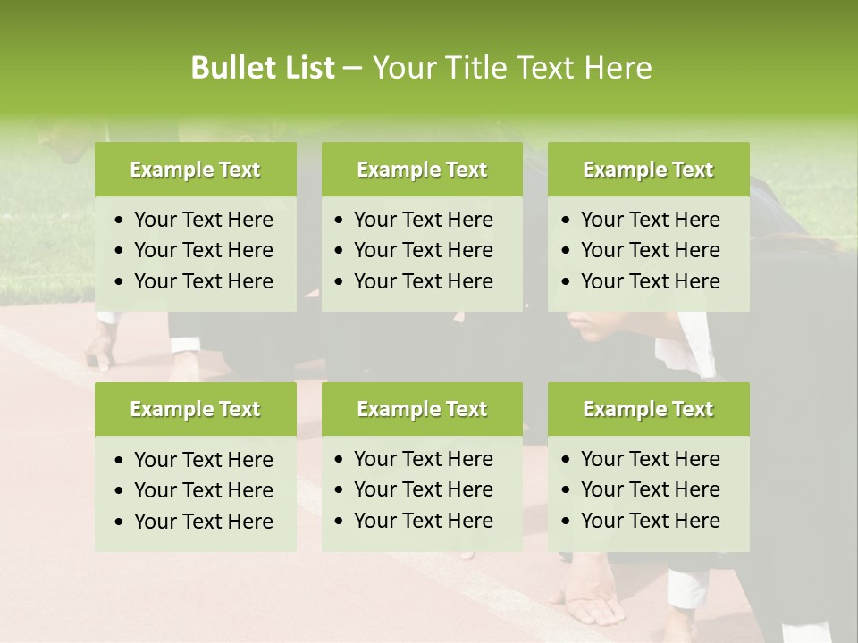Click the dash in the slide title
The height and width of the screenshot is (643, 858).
tap(352, 69)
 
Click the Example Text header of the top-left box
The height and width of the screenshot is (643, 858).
tap(195, 170)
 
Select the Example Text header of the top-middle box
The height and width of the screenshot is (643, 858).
tap(422, 170)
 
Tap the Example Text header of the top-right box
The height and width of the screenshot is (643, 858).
tap(648, 170)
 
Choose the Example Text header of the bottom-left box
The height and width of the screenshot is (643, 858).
tap(195, 409)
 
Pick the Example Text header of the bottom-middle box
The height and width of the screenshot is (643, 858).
tap(422, 409)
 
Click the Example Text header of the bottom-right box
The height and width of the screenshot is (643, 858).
tap(648, 409)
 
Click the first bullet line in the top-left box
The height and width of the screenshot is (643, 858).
tap(203, 220)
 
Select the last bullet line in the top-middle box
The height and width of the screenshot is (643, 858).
tap(423, 281)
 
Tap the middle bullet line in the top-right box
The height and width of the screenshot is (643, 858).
tap(650, 250)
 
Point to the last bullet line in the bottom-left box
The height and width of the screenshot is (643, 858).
tap(203, 522)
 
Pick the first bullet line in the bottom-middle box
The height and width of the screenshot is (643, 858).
tap(423, 459)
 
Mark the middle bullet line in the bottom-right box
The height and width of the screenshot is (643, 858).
tap(650, 489)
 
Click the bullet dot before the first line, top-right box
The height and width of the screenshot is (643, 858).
tap(566, 221)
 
